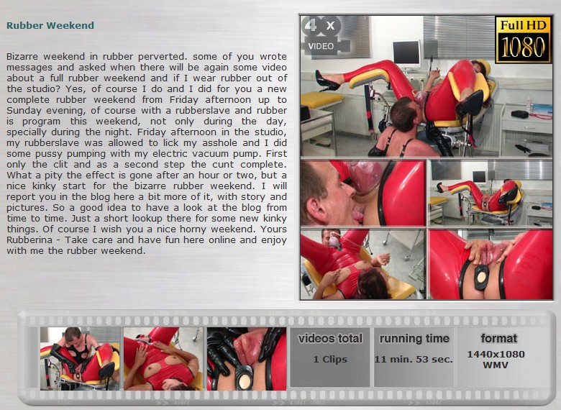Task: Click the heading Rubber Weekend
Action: pyautogui.click(x=50, y=25)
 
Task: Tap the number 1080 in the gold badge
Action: pyautogui.click(x=523, y=47)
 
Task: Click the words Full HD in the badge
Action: pyautogui.click(x=523, y=25)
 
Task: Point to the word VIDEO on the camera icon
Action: pyautogui.click(x=321, y=46)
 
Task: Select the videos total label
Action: pyautogui.click(x=330, y=339)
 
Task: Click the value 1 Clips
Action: pyautogui.click(x=330, y=359)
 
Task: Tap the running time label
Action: pyautogui.click(x=414, y=339)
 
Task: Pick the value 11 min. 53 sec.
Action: pyautogui.click(x=414, y=359)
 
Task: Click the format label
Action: pyautogui.click(x=498, y=338)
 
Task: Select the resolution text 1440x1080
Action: pyautogui.click(x=496, y=354)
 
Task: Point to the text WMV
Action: pyautogui.click(x=496, y=365)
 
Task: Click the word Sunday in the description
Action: pyautogui.click(x=22, y=111)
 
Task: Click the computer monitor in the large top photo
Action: pyautogui.click(x=406, y=54)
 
